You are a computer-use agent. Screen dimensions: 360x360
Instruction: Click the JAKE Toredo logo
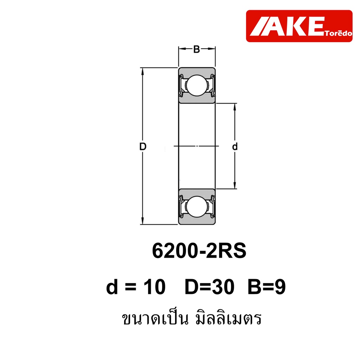coord(299,26)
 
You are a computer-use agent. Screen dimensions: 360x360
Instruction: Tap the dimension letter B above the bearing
coord(197,49)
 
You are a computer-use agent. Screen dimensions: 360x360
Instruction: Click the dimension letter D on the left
coord(143,147)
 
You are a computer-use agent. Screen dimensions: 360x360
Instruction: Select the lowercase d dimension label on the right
coord(234,147)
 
